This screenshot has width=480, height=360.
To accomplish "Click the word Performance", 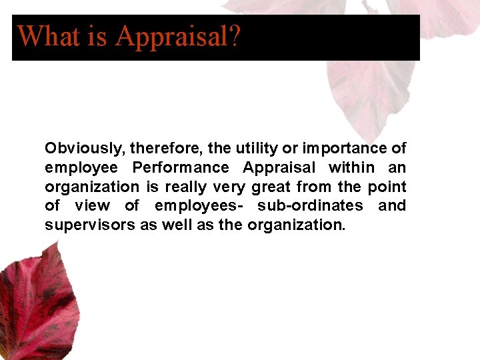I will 180,167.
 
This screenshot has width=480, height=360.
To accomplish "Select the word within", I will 351,167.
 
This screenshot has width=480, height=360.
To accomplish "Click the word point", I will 388,187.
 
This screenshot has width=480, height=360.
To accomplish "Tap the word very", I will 229,187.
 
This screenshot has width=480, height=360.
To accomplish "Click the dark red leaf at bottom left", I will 33,307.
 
